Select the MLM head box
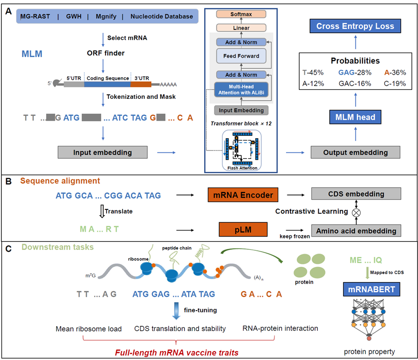356,117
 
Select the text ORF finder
103,53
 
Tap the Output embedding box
355,152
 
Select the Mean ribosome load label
88,328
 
